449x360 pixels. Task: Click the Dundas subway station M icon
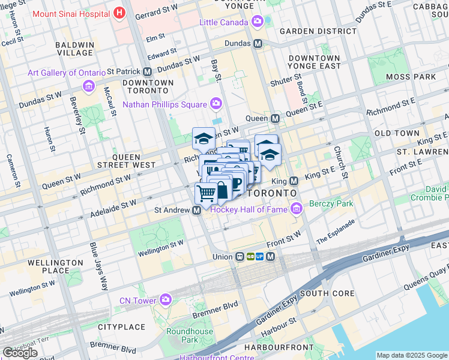point(258,44)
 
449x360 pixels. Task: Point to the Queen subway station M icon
point(275,119)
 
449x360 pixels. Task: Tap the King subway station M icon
point(294,181)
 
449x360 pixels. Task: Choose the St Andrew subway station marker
point(196,211)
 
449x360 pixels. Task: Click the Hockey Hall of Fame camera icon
point(295,209)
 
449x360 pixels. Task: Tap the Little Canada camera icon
point(258,22)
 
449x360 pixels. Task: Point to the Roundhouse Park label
point(190,335)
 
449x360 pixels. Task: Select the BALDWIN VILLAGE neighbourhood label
point(74,49)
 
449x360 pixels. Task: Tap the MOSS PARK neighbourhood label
point(411,77)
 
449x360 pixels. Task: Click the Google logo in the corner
point(20,353)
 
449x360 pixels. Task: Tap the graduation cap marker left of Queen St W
point(203,139)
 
